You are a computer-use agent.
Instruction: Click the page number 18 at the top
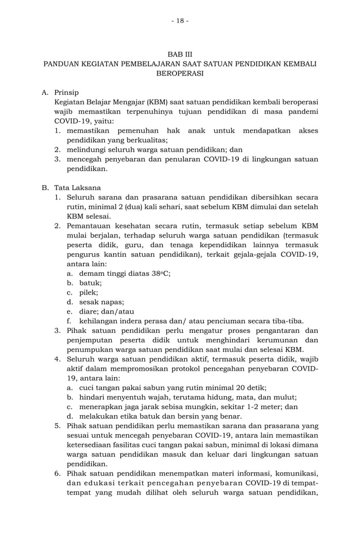coord(180,21)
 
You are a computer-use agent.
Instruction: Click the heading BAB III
coord(180,54)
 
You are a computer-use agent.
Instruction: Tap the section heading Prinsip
coord(67,92)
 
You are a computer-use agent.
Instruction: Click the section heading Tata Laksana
coord(74,187)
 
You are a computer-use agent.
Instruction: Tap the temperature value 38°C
coord(162,273)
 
